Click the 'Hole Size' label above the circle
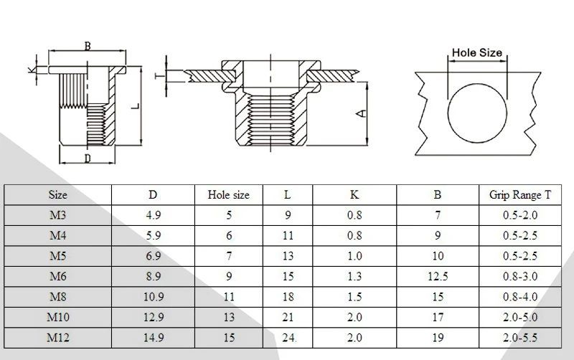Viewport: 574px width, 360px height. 476,52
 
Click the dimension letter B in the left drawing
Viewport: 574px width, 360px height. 88,47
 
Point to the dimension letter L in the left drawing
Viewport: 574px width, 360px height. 136,105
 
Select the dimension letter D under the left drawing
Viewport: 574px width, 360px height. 87,158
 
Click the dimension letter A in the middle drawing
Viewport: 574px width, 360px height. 362,113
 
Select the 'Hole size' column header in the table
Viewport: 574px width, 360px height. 229,194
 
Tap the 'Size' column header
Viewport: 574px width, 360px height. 58,194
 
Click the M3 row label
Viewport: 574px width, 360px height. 58,215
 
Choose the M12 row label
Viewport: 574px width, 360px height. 58,336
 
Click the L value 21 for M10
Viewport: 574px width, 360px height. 288,316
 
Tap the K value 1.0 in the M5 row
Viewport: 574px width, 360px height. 354,256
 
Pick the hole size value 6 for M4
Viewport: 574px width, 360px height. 229,235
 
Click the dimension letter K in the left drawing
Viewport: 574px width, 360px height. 29,70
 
